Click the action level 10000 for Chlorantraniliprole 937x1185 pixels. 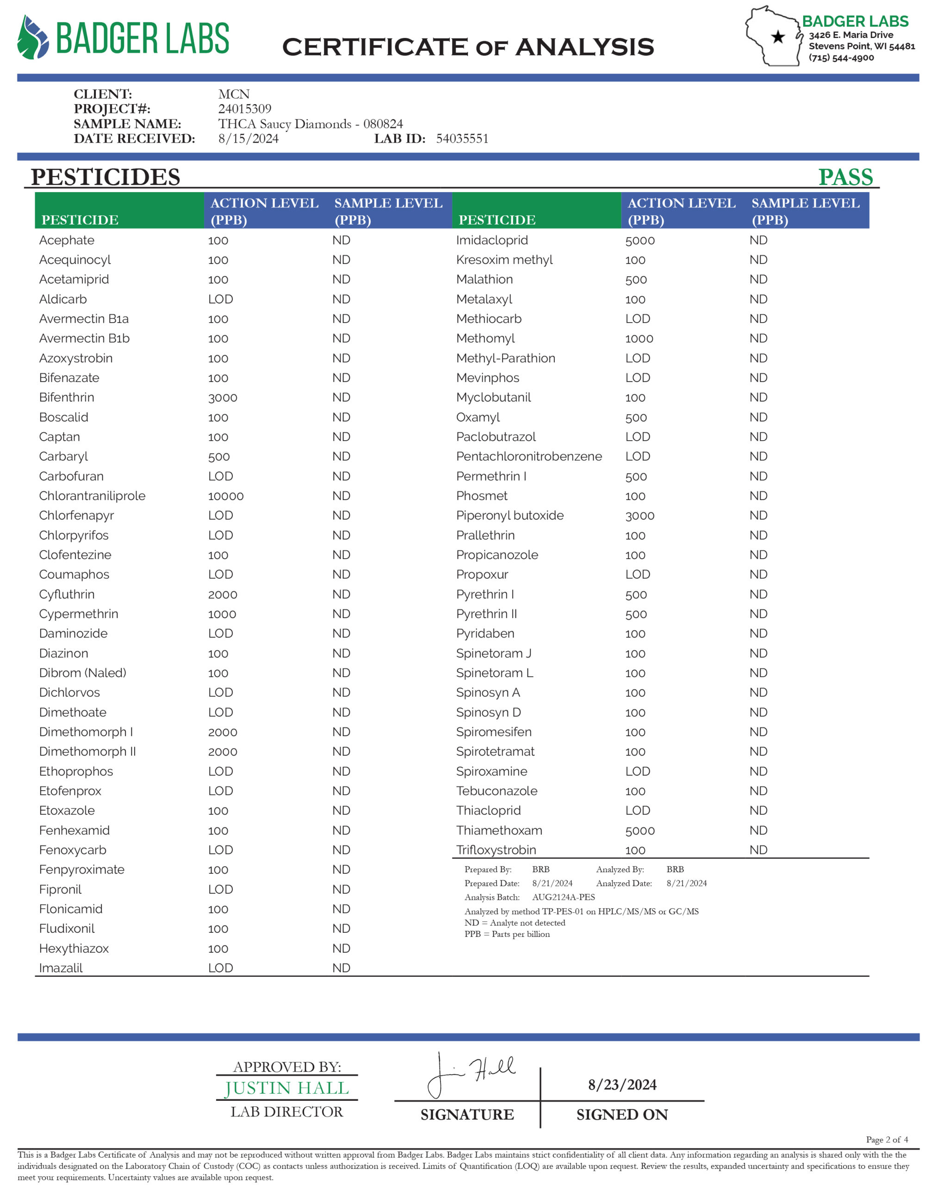tap(225, 496)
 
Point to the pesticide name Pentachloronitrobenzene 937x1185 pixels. tap(529, 457)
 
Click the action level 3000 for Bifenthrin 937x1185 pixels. tap(222, 398)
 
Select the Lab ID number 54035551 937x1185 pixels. tap(462, 139)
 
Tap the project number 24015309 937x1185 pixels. tap(245, 109)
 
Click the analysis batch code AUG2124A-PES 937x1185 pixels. tap(564, 898)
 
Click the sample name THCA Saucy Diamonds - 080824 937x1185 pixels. tap(310, 124)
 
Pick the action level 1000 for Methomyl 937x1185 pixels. tap(639, 339)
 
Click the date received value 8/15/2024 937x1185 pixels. tap(248, 139)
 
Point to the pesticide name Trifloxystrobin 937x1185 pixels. tap(496, 850)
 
